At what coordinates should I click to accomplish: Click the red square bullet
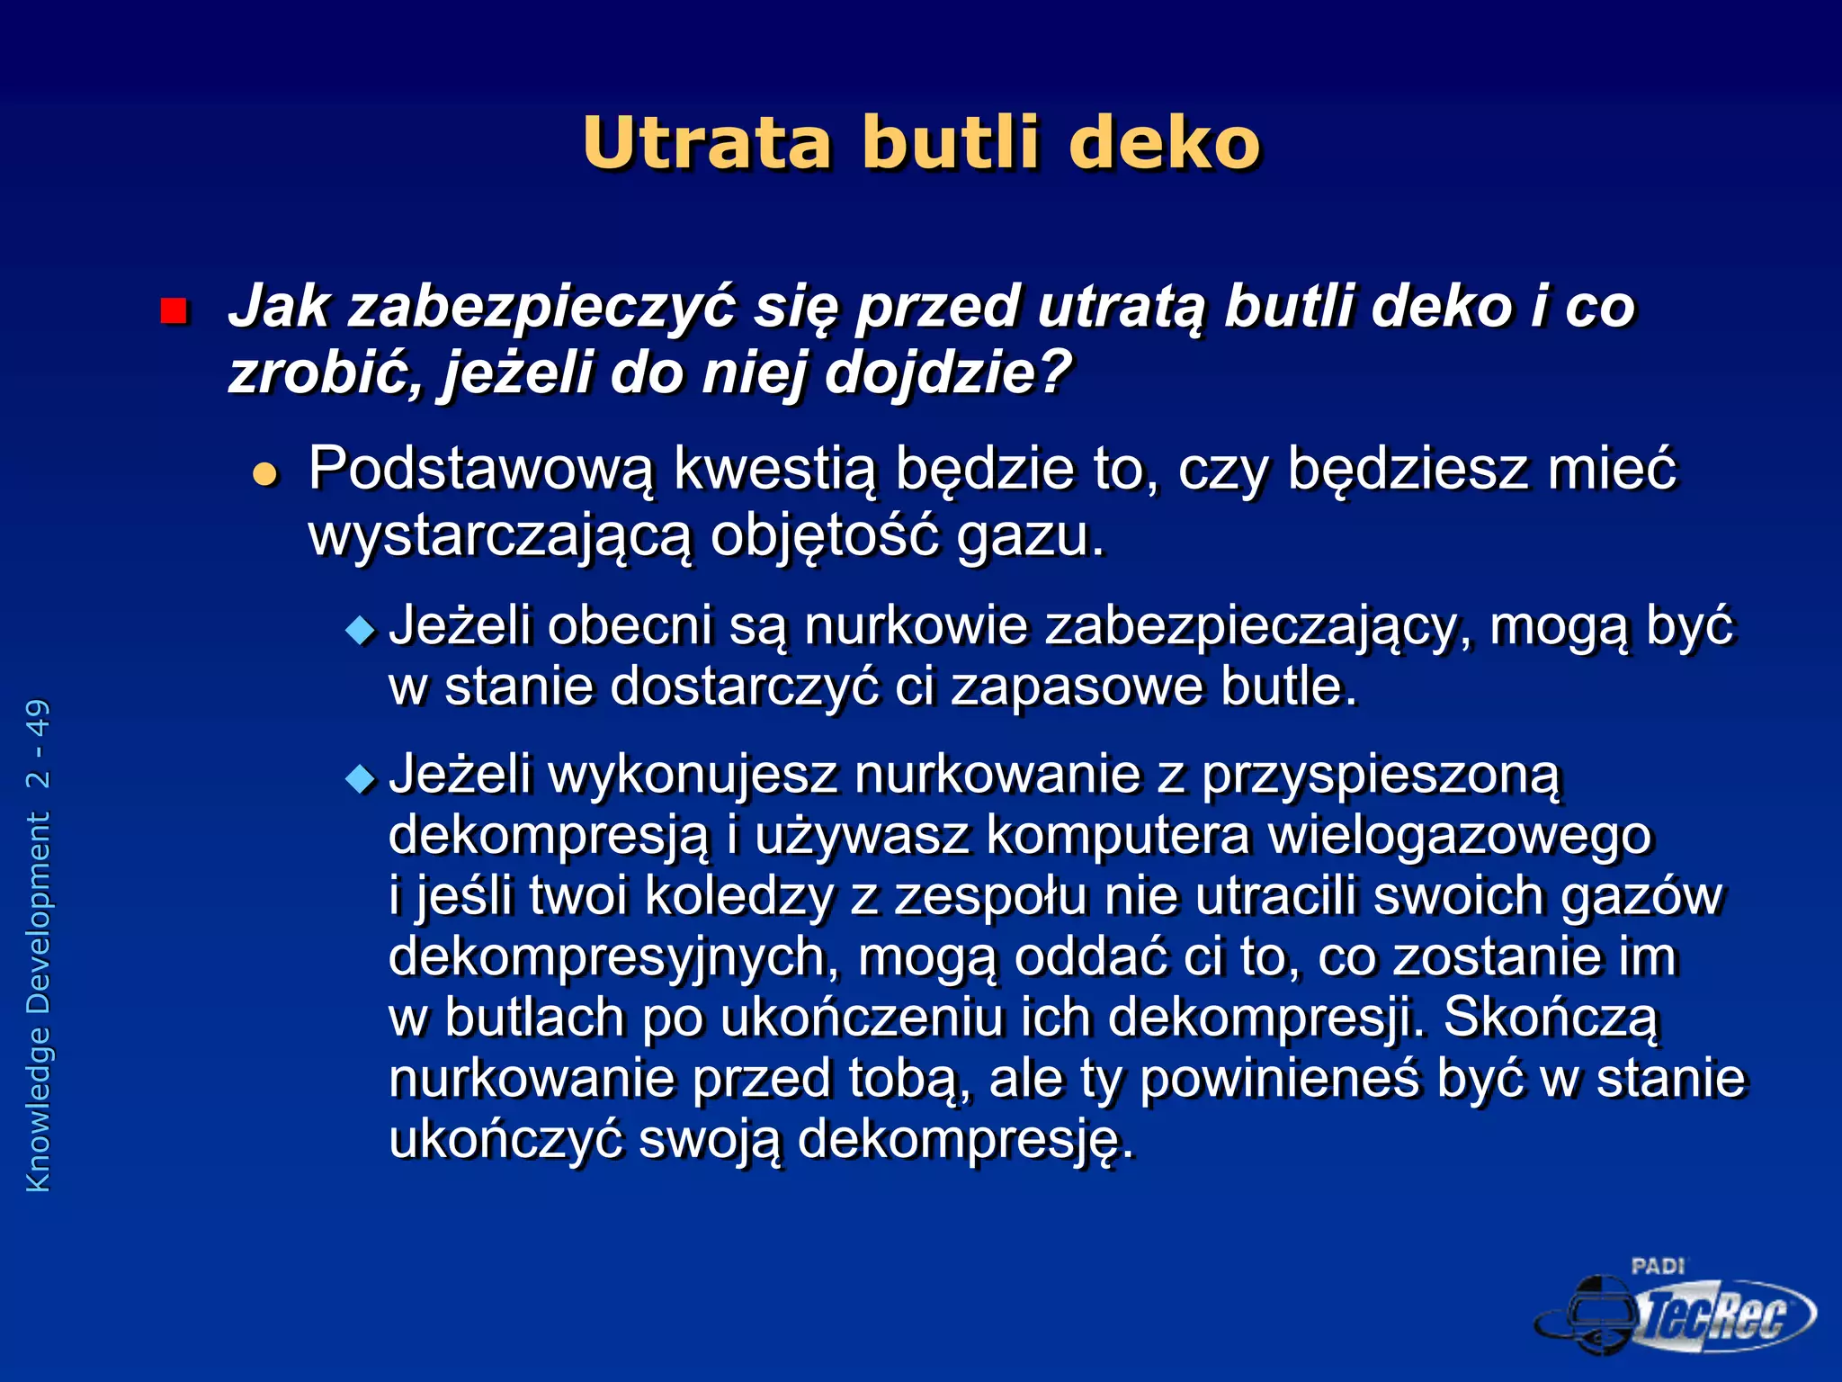click(x=173, y=311)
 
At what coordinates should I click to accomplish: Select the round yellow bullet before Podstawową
click(x=265, y=473)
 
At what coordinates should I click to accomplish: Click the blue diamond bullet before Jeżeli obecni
click(x=360, y=630)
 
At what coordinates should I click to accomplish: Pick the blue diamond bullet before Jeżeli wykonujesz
click(x=360, y=778)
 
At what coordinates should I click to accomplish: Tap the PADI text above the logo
click(x=1657, y=1266)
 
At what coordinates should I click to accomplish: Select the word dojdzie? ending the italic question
click(x=949, y=372)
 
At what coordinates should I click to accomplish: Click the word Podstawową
click(x=481, y=470)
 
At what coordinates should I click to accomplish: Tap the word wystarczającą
click(x=500, y=536)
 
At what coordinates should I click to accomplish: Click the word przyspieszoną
click(x=1381, y=776)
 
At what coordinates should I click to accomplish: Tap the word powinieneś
click(x=1281, y=1079)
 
